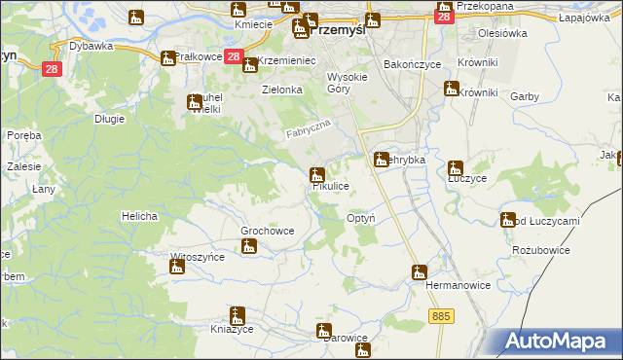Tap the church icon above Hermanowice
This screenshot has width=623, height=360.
[419, 271]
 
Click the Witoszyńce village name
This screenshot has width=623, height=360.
[198, 257]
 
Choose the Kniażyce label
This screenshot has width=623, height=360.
[231, 331]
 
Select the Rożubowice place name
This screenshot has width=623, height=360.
[539, 250]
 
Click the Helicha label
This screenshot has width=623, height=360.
[139, 215]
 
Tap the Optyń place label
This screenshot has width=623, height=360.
[361, 219]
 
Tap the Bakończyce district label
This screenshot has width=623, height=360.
[413, 63]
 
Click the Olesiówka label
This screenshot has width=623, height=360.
[501, 32]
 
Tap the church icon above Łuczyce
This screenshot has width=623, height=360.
[454, 167]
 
